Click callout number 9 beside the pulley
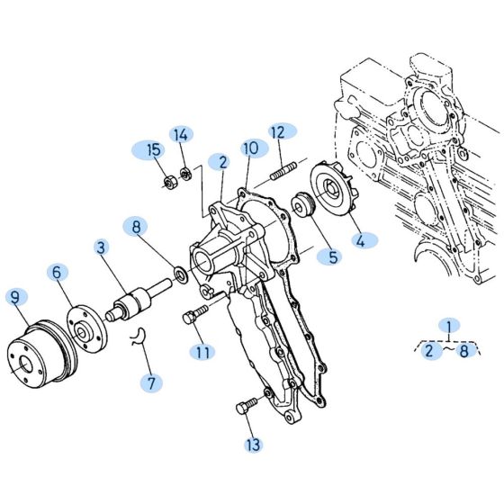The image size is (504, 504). [x=15, y=295]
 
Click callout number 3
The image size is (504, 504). [x=101, y=246]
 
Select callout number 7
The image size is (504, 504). [x=152, y=382]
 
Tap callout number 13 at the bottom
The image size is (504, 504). [x=252, y=444]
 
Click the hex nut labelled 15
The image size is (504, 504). [x=166, y=185]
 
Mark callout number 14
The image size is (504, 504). [x=182, y=135]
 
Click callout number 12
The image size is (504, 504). [x=278, y=132]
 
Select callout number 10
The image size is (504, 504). [x=250, y=147]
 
